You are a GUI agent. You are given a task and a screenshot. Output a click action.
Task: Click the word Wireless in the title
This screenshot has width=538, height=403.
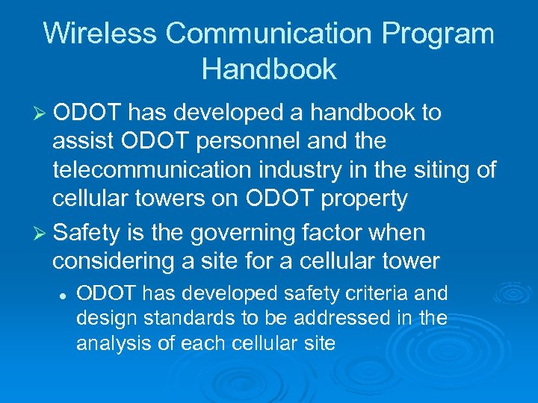point(99,34)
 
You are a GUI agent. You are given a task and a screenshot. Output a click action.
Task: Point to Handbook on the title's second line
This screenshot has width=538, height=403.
point(269,69)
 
